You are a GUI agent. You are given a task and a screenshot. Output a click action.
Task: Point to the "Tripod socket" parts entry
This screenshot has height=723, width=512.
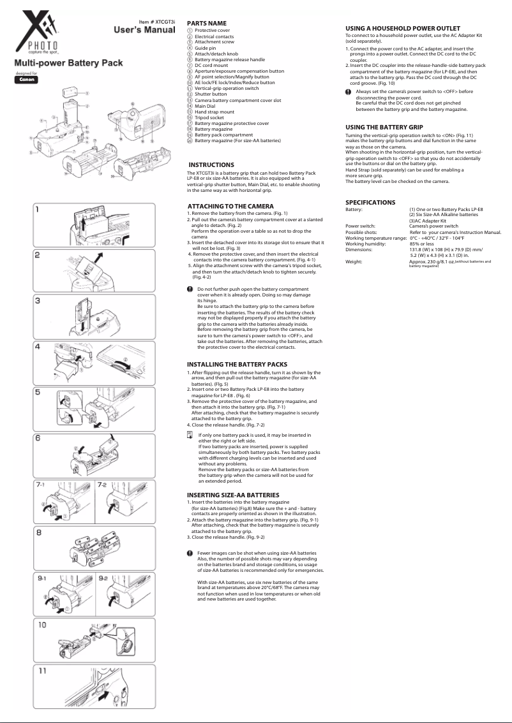click(x=210, y=117)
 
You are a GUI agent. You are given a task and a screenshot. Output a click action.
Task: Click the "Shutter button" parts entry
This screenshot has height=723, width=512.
click(x=210, y=94)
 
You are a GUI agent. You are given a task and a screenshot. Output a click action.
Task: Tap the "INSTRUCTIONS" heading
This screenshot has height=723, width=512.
click(x=211, y=164)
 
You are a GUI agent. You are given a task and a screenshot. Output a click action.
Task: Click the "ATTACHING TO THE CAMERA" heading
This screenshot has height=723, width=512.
click(x=230, y=206)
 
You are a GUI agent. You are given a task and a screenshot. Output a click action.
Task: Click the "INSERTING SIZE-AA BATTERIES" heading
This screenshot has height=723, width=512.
click(x=232, y=495)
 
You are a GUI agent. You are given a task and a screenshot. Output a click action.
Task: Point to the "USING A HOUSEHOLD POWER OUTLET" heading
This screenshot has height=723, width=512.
click(x=403, y=29)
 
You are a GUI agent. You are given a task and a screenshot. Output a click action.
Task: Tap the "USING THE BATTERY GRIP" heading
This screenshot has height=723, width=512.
click(x=384, y=128)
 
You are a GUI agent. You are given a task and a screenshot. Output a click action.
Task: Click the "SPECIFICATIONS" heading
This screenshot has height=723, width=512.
click(x=370, y=202)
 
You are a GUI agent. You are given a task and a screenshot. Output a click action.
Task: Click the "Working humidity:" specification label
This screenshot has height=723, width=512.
click(x=365, y=244)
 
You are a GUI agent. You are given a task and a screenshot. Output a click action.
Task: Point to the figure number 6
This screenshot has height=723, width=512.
click(x=39, y=439)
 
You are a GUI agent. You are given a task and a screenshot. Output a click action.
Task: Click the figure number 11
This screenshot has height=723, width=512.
click(x=41, y=671)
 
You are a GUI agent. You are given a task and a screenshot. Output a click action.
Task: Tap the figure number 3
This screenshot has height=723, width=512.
click(x=38, y=300)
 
